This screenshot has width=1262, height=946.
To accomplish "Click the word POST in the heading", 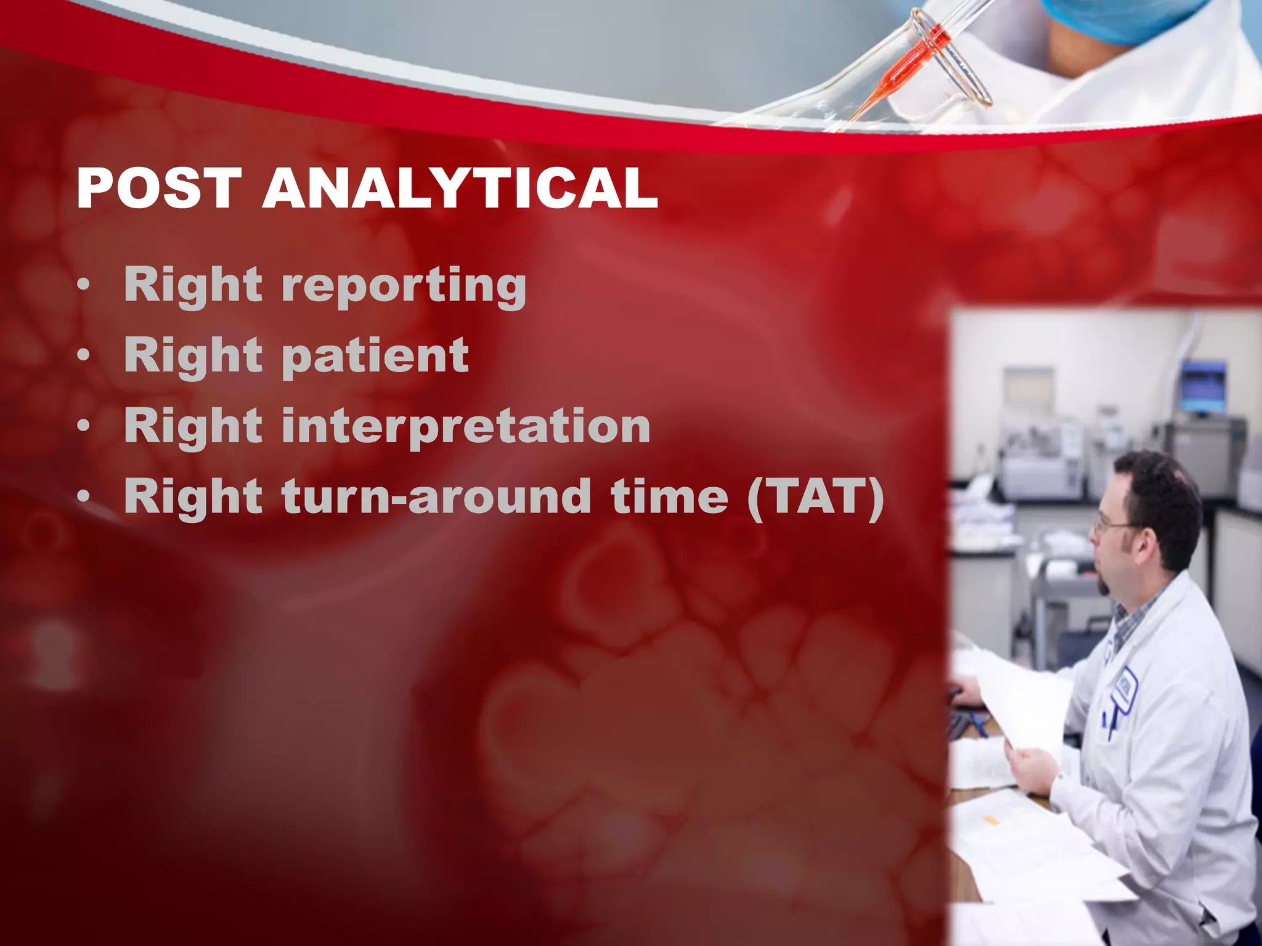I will pos(159,188).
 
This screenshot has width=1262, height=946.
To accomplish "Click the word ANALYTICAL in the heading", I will pos(460,188).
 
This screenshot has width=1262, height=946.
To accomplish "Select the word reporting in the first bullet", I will pos(404,286).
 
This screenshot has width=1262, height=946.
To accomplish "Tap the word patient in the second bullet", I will pos(375,356).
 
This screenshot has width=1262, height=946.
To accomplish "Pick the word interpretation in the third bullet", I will pos(465,426).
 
